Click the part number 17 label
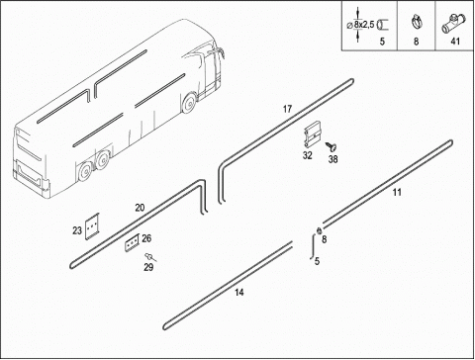click(287, 109)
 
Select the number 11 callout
click(397, 192)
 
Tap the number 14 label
click(239, 292)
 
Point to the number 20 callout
click(140, 208)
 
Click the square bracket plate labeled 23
click(92, 226)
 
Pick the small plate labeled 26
click(132, 242)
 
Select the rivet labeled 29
click(150, 256)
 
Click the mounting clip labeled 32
click(313, 135)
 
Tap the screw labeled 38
click(332, 146)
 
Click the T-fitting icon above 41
click(453, 24)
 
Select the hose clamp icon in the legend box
click(417, 22)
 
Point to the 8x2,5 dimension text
click(364, 25)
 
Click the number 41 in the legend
click(455, 42)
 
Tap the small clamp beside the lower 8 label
click(319, 231)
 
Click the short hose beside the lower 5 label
click(312, 246)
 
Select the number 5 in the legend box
click(382, 42)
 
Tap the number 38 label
click(333, 159)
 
